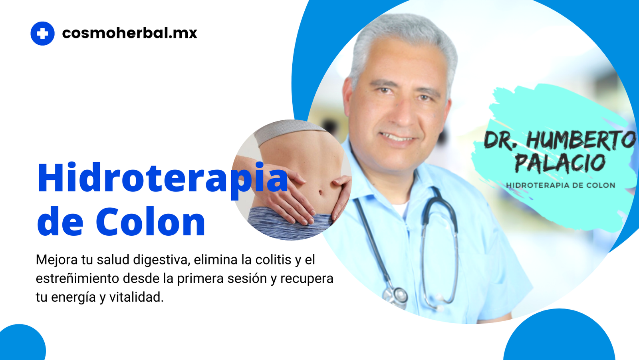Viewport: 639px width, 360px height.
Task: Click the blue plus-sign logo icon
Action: [x=42, y=34]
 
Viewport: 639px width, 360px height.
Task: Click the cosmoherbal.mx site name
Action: [x=129, y=33]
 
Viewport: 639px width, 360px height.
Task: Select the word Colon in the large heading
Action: [x=150, y=221]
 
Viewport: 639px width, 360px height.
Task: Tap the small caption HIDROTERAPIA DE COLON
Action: [x=561, y=185]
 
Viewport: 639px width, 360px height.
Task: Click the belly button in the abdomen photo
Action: [x=321, y=192]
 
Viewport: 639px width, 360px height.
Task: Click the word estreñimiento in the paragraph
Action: [x=77, y=278]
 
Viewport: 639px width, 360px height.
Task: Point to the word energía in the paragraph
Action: [x=73, y=298]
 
